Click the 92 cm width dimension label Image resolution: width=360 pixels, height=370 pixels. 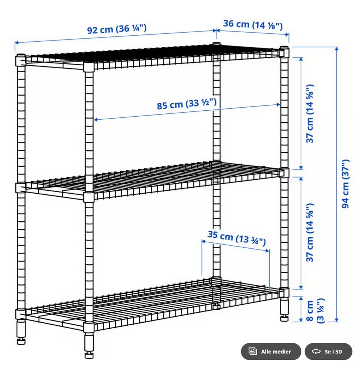(x=117, y=29)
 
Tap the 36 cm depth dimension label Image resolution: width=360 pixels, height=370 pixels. (x=253, y=24)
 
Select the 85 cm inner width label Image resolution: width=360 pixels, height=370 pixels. (x=187, y=104)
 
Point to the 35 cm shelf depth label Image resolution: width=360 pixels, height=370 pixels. (x=237, y=238)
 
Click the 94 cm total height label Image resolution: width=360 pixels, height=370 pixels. (x=345, y=184)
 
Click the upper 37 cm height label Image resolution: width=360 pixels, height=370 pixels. (x=310, y=113)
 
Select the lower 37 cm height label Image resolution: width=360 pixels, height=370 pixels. (x=310, y=232)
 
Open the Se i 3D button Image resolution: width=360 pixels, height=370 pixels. (x=328, y=351)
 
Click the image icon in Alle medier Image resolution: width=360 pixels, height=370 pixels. (x=253, y=351)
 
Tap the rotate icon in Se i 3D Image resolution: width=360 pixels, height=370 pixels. (x=316, y=351)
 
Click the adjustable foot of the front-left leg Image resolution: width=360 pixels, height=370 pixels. (x=21, y=341)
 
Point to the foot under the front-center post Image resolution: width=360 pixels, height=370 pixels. (x=89, y=355)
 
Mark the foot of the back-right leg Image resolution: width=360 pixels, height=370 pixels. (x=284, y=318)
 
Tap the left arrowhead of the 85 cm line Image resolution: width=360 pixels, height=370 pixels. (x=96, y=120)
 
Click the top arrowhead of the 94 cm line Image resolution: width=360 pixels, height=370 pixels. (x=337, y=49)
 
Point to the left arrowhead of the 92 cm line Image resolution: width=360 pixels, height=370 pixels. (x=17, y=43)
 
